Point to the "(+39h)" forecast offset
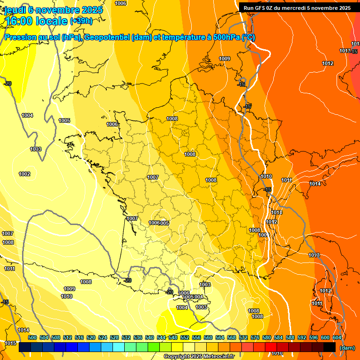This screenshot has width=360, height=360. (81, 22)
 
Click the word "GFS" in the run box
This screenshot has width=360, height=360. (266, 8)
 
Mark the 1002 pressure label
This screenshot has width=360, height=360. (24, 174)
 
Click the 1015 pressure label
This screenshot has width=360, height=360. (10, 344)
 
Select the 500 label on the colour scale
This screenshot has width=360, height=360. (32, 337)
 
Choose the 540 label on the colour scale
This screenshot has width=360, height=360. (150, 337)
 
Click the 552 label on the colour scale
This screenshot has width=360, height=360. (185, 337)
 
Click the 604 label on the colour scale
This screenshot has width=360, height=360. (337, 337)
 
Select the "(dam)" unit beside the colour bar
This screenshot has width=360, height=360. (347, 348)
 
